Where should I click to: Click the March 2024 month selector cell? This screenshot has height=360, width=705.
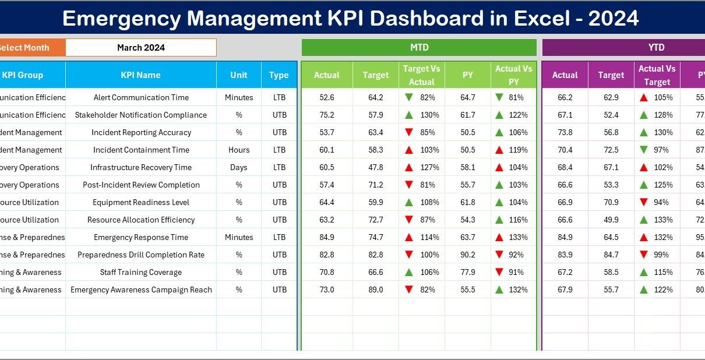[141, 48]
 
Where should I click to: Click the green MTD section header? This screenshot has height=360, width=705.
[419, 48]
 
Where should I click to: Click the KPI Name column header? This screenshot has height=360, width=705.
[140, 75]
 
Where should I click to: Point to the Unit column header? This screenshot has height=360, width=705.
[239, 75]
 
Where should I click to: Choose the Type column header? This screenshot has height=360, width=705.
[279, 75]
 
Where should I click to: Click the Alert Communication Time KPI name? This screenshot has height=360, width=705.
[140, 97]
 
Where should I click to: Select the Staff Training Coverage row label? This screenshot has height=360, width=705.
[140, 272]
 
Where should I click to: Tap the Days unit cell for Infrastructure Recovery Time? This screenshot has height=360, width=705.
[239, 167]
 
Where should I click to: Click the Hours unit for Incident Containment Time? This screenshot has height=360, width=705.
[239, 150]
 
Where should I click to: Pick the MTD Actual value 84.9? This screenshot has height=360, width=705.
[327, 237]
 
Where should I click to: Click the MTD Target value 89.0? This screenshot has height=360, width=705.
[376, 290]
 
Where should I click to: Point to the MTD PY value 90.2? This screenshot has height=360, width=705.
[467, 255]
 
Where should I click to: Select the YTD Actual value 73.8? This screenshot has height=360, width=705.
[565, 132]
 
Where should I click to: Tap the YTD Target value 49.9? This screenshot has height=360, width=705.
[611, 220]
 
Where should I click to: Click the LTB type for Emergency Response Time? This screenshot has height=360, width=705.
[279, 237]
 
